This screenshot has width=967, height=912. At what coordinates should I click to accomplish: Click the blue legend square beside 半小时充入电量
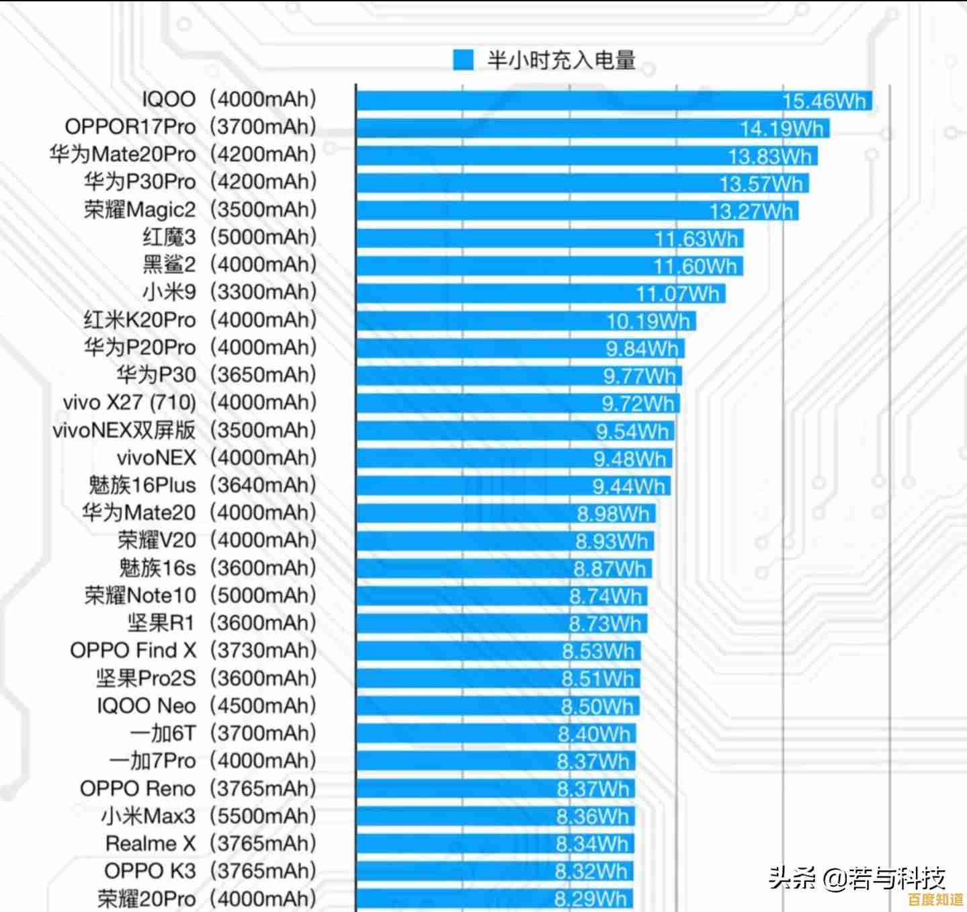click(463, 60)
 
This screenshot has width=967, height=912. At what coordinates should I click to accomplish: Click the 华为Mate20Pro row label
click(122, 154)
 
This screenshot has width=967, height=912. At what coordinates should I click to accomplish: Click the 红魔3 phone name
click(169, 237)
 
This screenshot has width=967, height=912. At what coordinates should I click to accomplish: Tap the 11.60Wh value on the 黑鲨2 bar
click(695, 266)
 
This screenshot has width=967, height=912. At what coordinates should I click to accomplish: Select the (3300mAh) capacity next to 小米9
click(263, 292)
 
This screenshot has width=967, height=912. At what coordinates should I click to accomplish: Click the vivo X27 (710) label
click(129, 402)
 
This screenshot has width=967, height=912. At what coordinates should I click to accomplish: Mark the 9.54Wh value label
click(632, 431)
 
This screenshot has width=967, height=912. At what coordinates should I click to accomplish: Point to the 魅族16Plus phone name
click(142, 485)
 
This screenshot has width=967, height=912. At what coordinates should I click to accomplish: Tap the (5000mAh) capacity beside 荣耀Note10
click(263, 595)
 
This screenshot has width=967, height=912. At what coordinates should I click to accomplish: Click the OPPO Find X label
click(133, 650)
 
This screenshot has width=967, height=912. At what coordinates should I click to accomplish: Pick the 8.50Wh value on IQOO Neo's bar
click(597, 706)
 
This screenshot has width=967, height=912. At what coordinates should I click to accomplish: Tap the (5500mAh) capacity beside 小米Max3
click(263, 815)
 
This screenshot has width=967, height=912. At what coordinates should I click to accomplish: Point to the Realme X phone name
click(150, 843)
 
